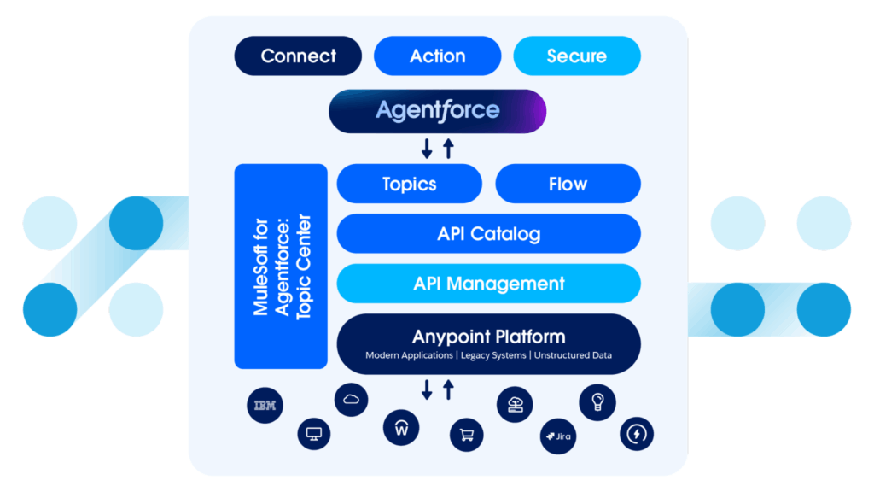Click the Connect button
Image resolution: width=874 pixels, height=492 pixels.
pyautogui.click(x=298, y=56)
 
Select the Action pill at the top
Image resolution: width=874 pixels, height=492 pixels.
pyautogui.click(x=437, y=56)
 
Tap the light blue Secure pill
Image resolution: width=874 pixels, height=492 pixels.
pyautogui.click(x=576, y=56)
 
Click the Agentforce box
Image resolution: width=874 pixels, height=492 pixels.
pyautogui.click(x=437, y=111)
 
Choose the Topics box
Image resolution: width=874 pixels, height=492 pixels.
pyautogui.click(x=409, y=184)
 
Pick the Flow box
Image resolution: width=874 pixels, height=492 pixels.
pyautogui.click(x=568, y=184)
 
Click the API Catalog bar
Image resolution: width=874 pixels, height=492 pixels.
pyautogui.click(x=488, y=234)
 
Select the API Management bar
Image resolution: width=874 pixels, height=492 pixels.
pyautogui.click(x=488, y=284)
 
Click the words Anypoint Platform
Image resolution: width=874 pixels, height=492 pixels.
pyautogui.click(x=488, y=337)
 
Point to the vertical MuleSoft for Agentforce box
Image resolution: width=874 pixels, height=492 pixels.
pyautogui.click(x=281, y=266)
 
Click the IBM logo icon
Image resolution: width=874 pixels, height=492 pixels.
pyautogui.click(x=264, y=406)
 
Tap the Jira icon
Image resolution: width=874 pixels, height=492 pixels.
pyautogui.click(x=556, y=436)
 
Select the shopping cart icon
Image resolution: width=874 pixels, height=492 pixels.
pyautogui.click(x=466, y=435)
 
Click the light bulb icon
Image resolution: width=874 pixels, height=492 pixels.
pyautogui.click(x=597, y=401)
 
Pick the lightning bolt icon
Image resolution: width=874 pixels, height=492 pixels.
pyautogui.click(x=637, y=433)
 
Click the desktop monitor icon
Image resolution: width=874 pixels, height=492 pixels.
pyautogui.click(x=313, y=434)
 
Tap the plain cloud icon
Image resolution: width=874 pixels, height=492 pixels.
pyautogui.click(x=351, y=399)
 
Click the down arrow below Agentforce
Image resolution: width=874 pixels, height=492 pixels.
pyautogui.click(x=427, y=148)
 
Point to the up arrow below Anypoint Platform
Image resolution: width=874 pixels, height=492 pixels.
pyautogui.click(x=448, y=390)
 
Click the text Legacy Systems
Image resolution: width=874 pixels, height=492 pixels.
pyautogui.click(x=495, y=355)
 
